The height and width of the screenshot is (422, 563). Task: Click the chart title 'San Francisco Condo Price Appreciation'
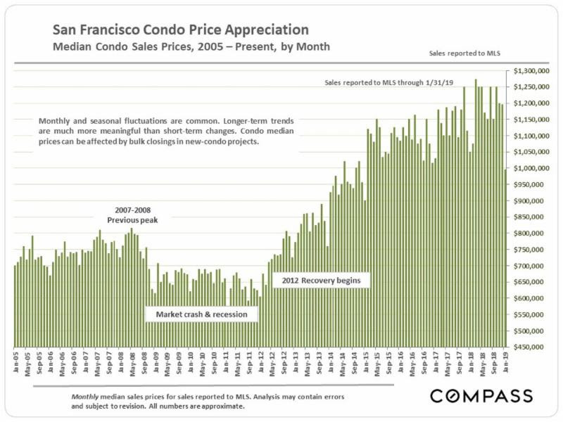[x=180, y=30]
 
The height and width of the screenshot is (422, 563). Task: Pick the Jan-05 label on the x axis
[x=15, y=362]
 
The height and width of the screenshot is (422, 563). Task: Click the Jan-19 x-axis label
[x=505, y=362]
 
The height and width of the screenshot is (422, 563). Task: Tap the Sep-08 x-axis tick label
[x=145, y=362]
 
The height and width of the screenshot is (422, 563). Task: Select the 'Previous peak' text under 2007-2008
[x=134, y=219]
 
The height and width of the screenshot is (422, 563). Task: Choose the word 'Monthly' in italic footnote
[x=86, y=397]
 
